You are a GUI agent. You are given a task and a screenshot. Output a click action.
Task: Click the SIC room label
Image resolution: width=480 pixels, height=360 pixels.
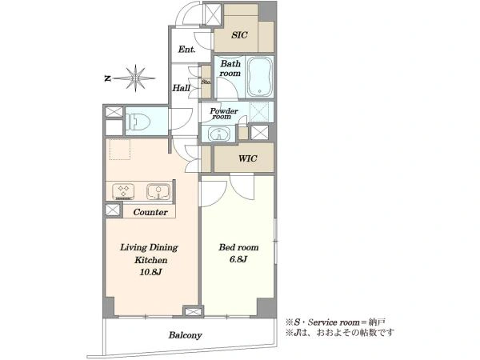[x=239, y=35]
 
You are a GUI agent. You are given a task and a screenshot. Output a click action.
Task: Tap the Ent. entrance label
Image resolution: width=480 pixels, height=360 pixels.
[x=186, y=50]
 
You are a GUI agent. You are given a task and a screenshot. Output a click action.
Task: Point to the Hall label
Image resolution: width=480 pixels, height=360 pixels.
[x=182, y=88]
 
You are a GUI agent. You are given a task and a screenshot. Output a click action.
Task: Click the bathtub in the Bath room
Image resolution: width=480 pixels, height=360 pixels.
[x=260, y=77]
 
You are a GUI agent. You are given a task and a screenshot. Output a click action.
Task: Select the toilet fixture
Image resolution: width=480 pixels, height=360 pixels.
[x=138, y=122]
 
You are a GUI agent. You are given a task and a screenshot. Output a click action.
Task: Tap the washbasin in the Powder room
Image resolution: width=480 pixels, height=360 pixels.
[x=218, y=134]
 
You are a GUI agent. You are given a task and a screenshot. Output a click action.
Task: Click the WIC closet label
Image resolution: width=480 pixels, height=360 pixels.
[x=248, y=158]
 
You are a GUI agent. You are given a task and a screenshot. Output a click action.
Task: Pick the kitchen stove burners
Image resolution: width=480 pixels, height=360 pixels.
[x=123, y=190]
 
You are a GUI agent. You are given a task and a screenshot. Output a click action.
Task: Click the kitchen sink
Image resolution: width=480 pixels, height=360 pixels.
[x=158, y=191]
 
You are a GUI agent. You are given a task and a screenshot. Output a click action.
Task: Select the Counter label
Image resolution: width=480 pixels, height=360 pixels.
[x=150, y=212]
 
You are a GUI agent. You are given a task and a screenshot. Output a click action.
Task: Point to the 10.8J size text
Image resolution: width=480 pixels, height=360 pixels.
[x=150, y=272]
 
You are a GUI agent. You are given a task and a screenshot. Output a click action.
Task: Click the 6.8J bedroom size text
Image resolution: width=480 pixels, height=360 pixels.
[x=238, y=259]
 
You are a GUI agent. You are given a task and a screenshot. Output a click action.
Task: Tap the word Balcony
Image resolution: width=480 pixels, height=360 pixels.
[x=186, y=335]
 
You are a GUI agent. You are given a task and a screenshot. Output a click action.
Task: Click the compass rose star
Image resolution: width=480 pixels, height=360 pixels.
[x=135, y=78]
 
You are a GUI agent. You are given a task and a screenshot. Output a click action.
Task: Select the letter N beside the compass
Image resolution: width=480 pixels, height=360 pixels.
[x=107, y=78]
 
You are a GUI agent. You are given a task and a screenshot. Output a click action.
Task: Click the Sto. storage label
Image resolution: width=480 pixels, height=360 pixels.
[x=206, y=82]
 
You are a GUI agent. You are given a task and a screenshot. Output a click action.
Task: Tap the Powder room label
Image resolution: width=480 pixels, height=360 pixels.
[x=224, y=114]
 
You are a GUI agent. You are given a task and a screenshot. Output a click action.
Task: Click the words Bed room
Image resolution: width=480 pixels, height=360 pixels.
[x=238, y=247]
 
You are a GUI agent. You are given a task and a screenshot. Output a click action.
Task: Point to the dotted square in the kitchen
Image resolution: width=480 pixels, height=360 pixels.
[x=120, y=149]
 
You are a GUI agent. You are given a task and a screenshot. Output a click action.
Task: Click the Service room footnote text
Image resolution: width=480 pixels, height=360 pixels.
[x=335, y=322]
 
